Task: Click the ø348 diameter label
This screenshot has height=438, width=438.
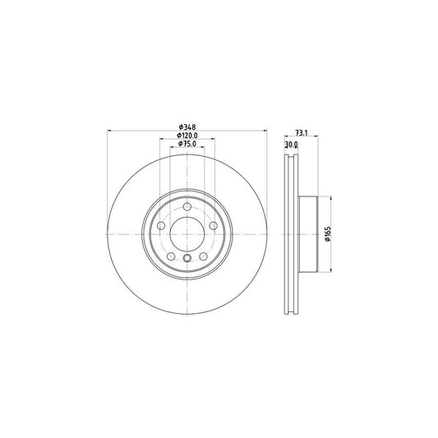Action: tap(187, 127)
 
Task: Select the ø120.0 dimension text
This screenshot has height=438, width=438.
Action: tap(187, 136)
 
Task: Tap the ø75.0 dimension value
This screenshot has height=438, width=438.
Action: tap(187, 144)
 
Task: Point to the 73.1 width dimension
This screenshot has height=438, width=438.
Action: tap(302, 133)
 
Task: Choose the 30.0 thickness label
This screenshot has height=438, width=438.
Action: tap(292, 145)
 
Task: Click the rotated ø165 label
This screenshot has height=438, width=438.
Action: tap(328, 234)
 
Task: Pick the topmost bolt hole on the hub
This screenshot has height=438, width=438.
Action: tap(187, 207)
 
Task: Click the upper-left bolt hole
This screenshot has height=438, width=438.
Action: tap(161, 226)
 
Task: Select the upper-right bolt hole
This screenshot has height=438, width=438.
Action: tap(213, 225)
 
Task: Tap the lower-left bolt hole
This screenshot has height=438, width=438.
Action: tap(171, 256)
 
